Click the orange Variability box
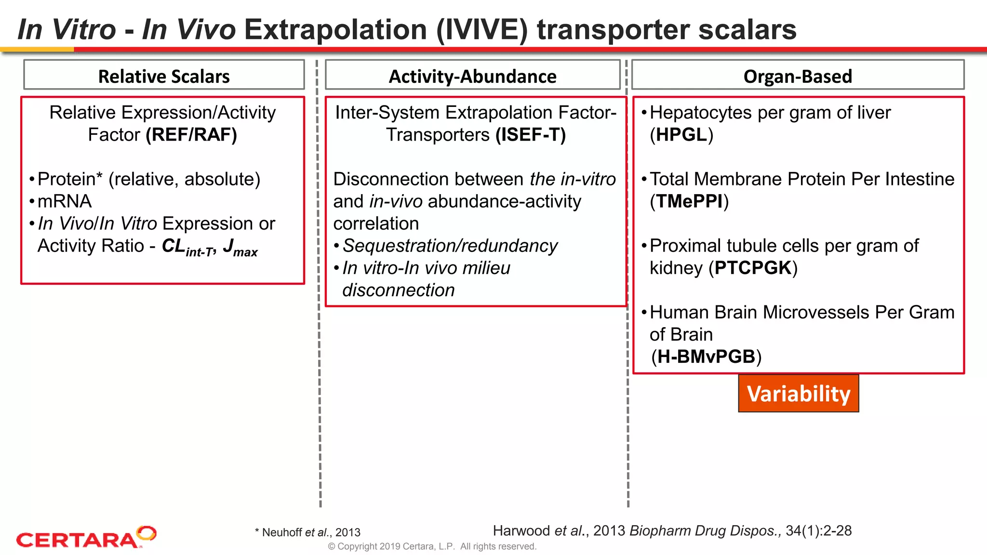(798, 394)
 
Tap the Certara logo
(86, 538)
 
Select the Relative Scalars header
(164, 76)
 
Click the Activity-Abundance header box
(472, 76)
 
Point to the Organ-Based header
(798, 76)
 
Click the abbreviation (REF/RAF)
(191, 135)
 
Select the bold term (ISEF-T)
(531, 135)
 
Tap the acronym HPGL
(681, 135)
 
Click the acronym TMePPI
(689, 201)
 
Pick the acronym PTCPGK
(753, 268)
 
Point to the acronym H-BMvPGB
(706, 357)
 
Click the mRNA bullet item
(65, 201)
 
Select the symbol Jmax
(240, 248)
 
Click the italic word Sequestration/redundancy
(450, 246)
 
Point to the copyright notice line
(432, 546)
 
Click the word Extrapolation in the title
(335, 30)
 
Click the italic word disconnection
(398, 291)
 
